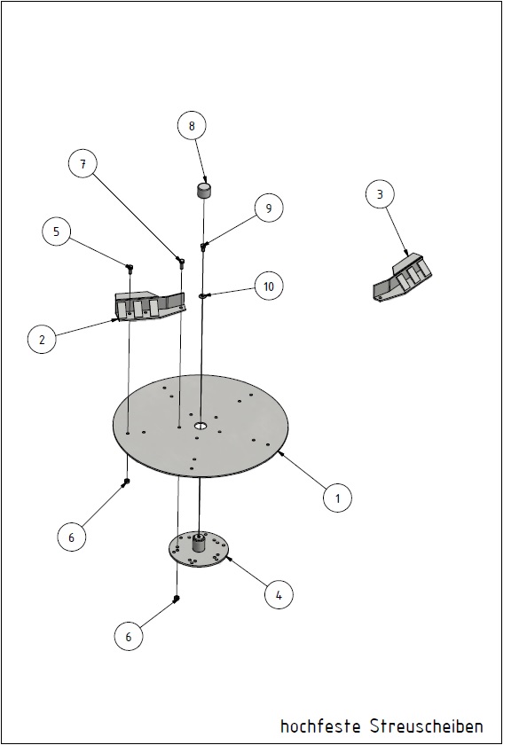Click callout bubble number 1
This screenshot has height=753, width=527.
(x=337, y=498)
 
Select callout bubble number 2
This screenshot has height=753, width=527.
(x=42, y=339)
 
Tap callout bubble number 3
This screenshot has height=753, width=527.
(x=380, y=194)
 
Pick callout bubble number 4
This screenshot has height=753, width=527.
(x=279, y=595)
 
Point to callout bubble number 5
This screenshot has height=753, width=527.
(x=56, y=231)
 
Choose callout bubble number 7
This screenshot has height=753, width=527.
(x=83, y=164)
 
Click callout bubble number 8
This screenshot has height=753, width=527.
(x=192, y=126)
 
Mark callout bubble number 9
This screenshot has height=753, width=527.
(x=269, y=208)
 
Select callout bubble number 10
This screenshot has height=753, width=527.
(x=269, y=286)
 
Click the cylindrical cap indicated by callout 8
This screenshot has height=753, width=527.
(x=205, y=190)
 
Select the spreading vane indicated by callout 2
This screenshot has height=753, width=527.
(x=150, y=305)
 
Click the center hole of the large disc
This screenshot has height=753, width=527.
(x=201, y=426)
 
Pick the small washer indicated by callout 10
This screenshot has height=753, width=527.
(x=203, y=296)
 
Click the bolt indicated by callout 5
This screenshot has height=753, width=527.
(x=130, y=267)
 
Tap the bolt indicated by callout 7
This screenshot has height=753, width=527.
(x=181, y=261)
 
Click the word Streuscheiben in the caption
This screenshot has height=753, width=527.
(x=427, y=726)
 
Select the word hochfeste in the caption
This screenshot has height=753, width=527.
(x=320, y=726)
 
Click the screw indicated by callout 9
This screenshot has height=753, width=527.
(x=203, y=247)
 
